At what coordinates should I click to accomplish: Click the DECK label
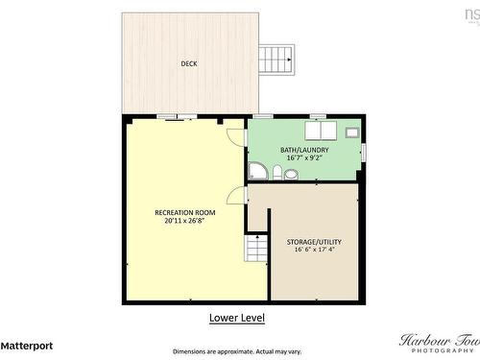coord(190,64)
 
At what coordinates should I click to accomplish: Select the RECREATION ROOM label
coord(185,212)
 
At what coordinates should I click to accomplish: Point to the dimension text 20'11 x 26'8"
coord(185,221)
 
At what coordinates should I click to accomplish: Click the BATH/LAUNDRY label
coord(304,150)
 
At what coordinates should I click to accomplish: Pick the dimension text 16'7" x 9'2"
coord(304,158)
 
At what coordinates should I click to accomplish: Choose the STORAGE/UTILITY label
coord(314,242)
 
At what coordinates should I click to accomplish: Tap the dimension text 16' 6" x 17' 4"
coord(314,251)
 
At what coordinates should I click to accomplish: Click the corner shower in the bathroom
coord(257,171)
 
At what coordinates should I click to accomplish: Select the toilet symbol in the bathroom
coord(276,174)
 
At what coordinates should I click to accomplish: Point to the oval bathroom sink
coord(291,175)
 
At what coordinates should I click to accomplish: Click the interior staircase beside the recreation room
coord(256,249)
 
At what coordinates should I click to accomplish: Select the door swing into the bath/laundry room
coord(236,136)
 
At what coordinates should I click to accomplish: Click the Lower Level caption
coord(236,317)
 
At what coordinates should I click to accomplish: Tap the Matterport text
coord(27,345)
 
